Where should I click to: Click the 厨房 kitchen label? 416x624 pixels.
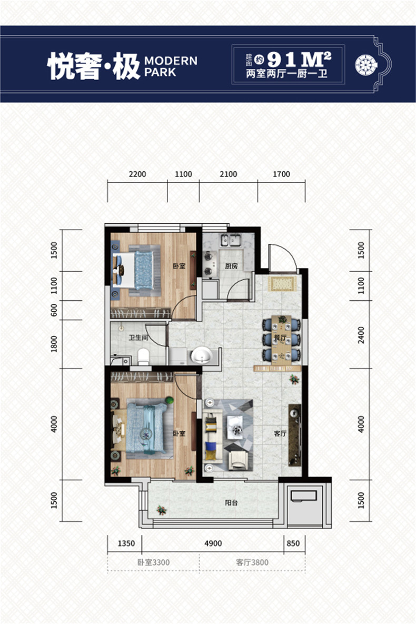coord(231,266)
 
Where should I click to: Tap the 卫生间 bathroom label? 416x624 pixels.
coord(138,338)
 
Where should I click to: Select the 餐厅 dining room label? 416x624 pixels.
coord(280,338)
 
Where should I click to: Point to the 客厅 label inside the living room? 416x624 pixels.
coord(280,433)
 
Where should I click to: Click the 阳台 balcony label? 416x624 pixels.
coord(231,502)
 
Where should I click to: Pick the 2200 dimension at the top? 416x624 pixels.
coord(137,174)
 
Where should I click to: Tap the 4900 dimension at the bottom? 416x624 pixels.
coord(213,543)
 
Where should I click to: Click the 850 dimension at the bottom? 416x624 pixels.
coord(293,543)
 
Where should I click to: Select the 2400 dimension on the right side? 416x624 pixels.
coord(361,335)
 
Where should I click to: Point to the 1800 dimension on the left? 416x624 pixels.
coord(54,344)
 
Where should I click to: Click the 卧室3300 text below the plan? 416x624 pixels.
coord(153,562)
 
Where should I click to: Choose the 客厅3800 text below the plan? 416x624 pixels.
coord(252,562)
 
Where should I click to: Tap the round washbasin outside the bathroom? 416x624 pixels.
coord(202,355)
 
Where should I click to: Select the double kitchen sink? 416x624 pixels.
coord(231,240)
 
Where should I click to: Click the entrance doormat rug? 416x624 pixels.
coord(282,283)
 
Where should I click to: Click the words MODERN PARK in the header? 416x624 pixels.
coord(171,66)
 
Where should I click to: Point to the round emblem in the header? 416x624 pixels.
coord(366,64)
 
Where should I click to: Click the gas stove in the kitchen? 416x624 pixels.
coord(209,263)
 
